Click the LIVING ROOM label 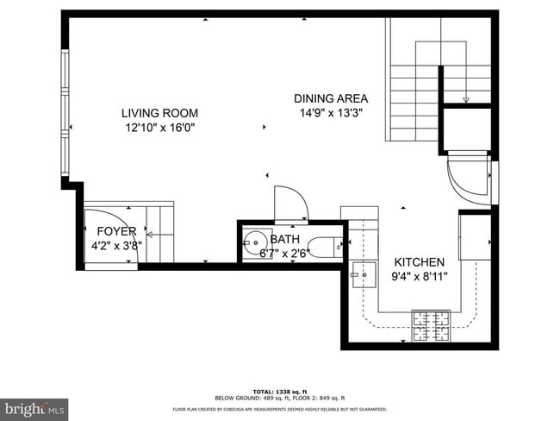point(159,113)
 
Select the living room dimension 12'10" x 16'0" point(159,128)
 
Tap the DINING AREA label point(331,98)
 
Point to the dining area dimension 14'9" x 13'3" point(331,113)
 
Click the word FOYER point(116,230)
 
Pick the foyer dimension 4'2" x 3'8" point(116,245)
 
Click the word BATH point(284,239)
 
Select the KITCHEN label point(420,262)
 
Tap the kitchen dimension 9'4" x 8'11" point(420,277)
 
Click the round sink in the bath point(255,242)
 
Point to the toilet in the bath point(326,248)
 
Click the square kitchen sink point(362,277)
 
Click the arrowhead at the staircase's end point(466,100)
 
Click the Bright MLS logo point(34,407)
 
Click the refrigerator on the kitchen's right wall point(475,236)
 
